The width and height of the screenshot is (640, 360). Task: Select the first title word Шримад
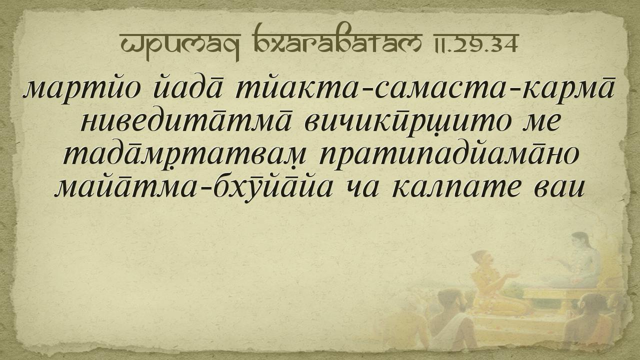point(180,45)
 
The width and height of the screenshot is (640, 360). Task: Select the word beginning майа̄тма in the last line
point(193,188)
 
